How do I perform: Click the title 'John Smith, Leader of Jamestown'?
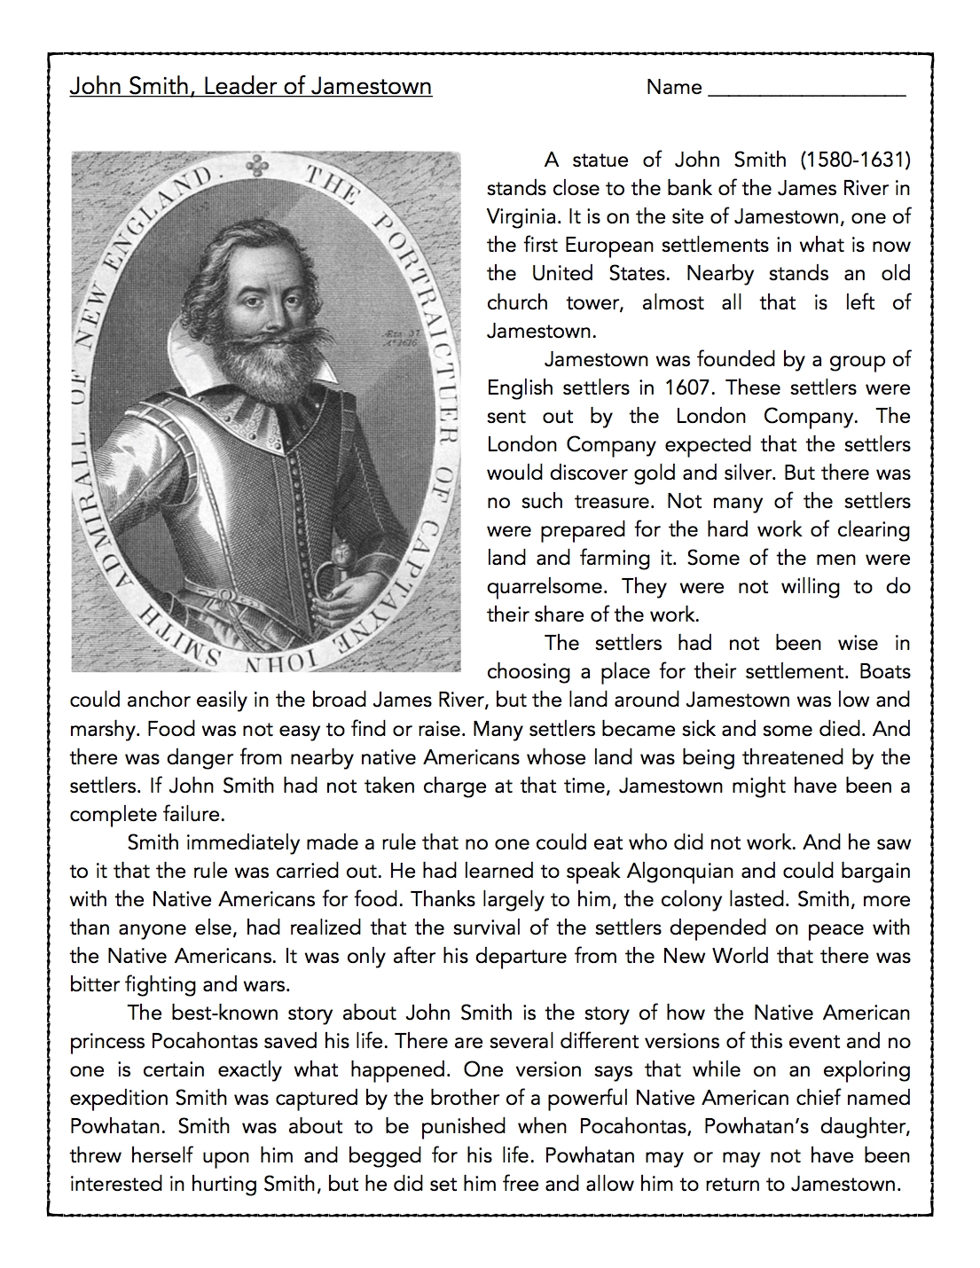[x=250, y=87]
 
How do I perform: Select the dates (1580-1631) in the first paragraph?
[x=855, y=160]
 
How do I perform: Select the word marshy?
[x=104, y=729]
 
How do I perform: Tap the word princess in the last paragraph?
[x=107, y=1041]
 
